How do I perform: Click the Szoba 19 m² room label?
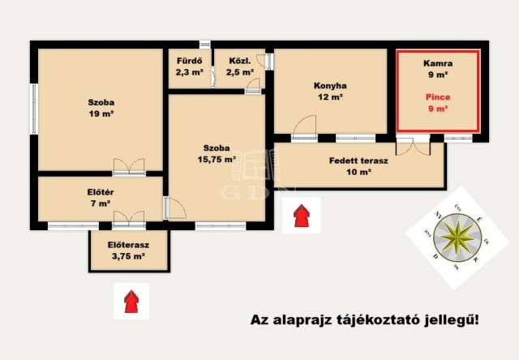[101, 108]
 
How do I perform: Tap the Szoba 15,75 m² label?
[217, 153]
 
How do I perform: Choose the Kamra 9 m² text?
[438, 68]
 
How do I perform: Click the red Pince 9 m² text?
[438, 102]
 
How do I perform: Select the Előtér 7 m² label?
[99, 198]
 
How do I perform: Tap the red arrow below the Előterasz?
[131, 301]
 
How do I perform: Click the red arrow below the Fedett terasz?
[301, 215]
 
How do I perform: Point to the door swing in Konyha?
[303, 128]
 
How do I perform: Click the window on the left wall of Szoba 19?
[34, 110]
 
